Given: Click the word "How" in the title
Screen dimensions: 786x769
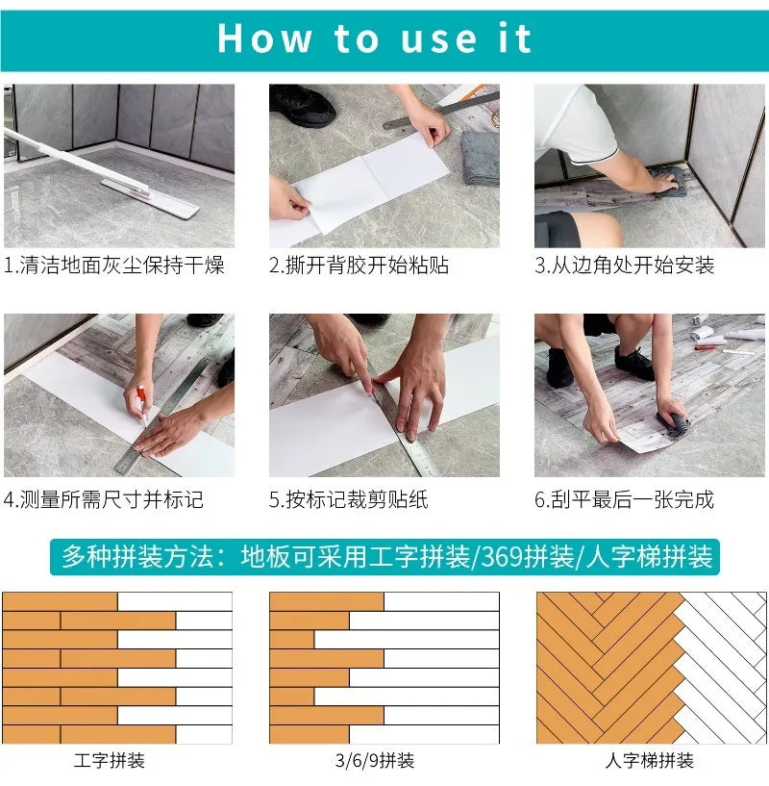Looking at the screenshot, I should click(264, 38).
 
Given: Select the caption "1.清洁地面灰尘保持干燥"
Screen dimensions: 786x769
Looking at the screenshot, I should click(114, 266).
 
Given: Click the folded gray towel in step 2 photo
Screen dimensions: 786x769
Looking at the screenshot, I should click(480, 157).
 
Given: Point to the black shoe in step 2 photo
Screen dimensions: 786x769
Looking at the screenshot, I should click(303, 105).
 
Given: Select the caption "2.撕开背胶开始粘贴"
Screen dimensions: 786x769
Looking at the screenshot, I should click(359, 266).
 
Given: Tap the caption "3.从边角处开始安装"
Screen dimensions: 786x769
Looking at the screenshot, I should click(625, 266).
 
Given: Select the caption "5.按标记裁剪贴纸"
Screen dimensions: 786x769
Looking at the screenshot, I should click(348, 499).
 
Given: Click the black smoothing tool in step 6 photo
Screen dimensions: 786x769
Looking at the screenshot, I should click(673, 418).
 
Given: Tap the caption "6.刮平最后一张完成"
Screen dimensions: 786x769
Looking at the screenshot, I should click(625, 499).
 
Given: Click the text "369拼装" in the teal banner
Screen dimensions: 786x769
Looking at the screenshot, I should click(525, 556).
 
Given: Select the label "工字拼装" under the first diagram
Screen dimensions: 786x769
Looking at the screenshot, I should click(110, 761).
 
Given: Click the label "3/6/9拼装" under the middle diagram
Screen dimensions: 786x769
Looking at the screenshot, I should click(375, 761).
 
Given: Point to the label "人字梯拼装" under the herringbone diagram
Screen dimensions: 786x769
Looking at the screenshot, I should click(650, 761).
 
